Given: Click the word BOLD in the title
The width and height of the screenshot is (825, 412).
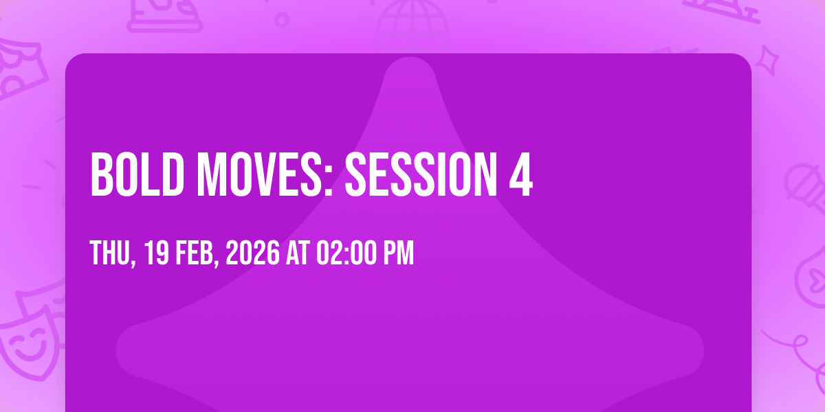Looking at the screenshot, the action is tap(137, 174).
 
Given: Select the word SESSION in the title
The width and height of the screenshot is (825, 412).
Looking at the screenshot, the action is tap(421, 174).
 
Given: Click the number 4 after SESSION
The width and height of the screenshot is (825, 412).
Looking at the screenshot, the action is tap(521, 174).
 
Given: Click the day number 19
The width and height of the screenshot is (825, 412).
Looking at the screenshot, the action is tap(157, 253).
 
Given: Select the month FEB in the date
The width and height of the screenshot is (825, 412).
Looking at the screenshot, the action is tap(195, 253).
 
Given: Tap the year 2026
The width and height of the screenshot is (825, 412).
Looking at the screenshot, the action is tap(253, 253).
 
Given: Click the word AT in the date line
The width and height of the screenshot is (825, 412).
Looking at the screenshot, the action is tap(298, 253).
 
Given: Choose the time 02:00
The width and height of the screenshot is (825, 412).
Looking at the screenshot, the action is tap(346, 253).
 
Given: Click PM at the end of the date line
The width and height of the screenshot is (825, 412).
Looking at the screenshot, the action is tap(399, 253).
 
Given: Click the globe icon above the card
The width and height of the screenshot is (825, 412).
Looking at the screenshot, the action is tap(412, 26).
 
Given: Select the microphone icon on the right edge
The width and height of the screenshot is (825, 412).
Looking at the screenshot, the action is tap(805, 187).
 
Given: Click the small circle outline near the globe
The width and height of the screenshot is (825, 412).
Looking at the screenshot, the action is tap(282, 20).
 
